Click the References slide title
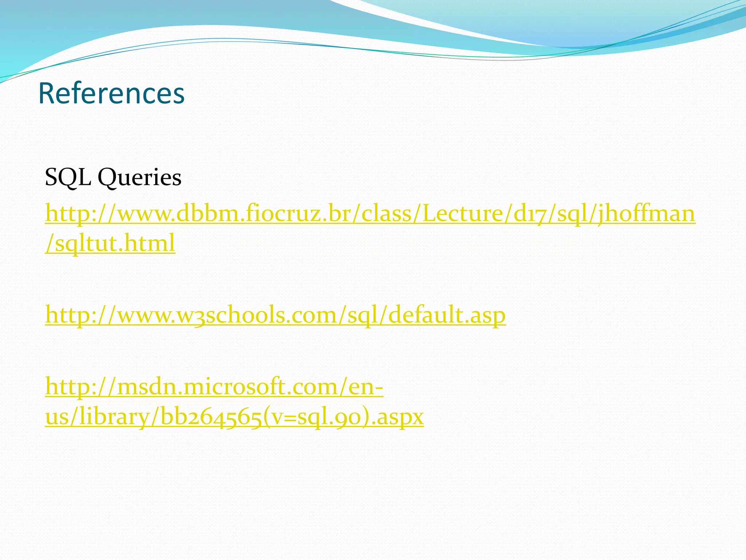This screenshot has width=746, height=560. point(111,94)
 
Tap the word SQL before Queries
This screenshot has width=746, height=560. point(68,178)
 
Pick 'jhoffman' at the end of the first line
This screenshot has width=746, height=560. point(646,214)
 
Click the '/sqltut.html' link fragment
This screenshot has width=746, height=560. point(110,243)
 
